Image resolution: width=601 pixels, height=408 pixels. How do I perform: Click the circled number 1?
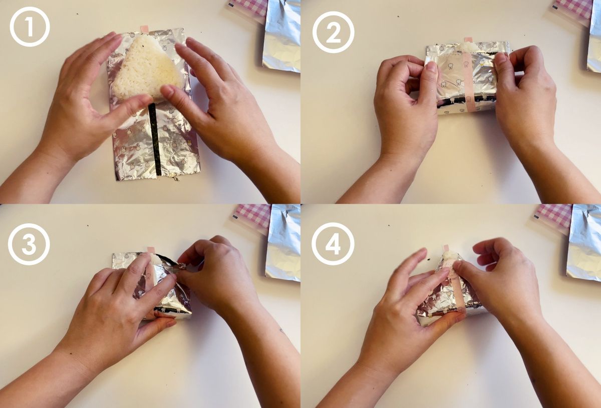(30, 27)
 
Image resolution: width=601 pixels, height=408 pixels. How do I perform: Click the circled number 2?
(333, 33)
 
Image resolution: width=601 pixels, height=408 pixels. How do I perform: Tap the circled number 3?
(29, 244)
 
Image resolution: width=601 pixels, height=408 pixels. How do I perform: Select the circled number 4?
(333, 244)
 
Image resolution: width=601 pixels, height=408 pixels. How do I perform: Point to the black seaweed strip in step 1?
(155, 139)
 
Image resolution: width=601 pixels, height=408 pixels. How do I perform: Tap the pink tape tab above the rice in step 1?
(144, 29)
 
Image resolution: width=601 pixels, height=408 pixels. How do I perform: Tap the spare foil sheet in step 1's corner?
(281, 35)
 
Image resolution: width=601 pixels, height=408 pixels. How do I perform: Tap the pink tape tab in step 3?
(151, 249)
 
